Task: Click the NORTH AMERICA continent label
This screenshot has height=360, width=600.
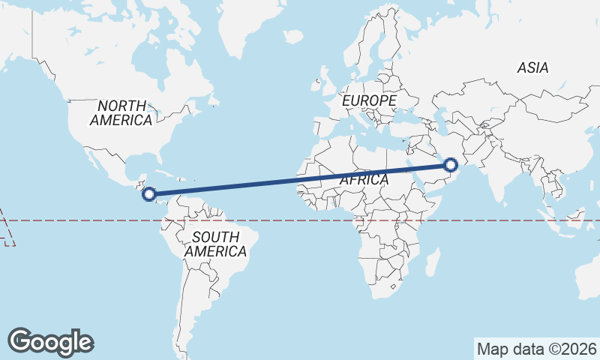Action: [121, 112]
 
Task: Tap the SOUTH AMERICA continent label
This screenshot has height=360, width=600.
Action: [215, 244]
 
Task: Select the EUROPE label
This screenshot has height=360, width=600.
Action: [367, 100]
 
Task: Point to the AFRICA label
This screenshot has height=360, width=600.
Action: [364, 180]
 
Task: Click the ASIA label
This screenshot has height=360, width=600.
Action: [532, 67]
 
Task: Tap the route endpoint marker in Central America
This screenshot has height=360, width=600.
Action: [149, 194]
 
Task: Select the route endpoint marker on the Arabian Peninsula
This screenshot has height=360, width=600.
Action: [451, 165]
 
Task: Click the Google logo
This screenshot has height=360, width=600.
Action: [50, 341]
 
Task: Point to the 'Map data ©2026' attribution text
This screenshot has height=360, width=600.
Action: [537, 349]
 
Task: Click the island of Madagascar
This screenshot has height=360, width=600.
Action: [433, 263]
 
